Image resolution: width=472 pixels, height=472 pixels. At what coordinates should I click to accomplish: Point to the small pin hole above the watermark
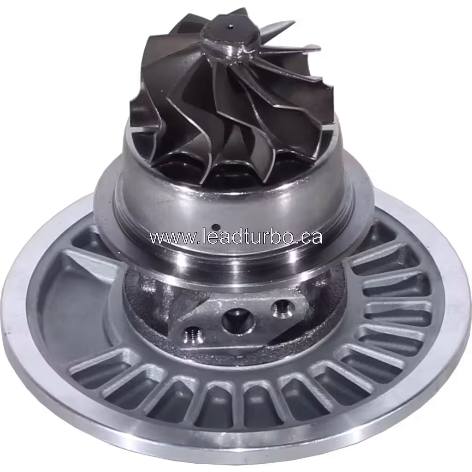coord(215,226)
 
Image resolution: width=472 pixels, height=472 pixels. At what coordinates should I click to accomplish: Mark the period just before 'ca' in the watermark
coord(297,242)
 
